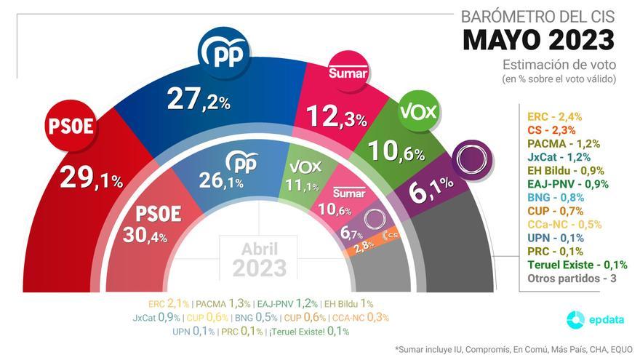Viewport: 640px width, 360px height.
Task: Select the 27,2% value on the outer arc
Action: (x=198, y=98)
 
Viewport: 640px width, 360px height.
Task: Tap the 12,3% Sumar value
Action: (x=337, y=116)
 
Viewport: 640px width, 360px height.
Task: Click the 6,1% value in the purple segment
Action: (x=431, y=193)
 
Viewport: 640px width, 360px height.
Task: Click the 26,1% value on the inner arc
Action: (x=220, y=182)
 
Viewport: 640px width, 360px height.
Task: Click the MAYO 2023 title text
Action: (x=539, y=39)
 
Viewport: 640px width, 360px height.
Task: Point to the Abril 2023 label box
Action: (x=260, y=258)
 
